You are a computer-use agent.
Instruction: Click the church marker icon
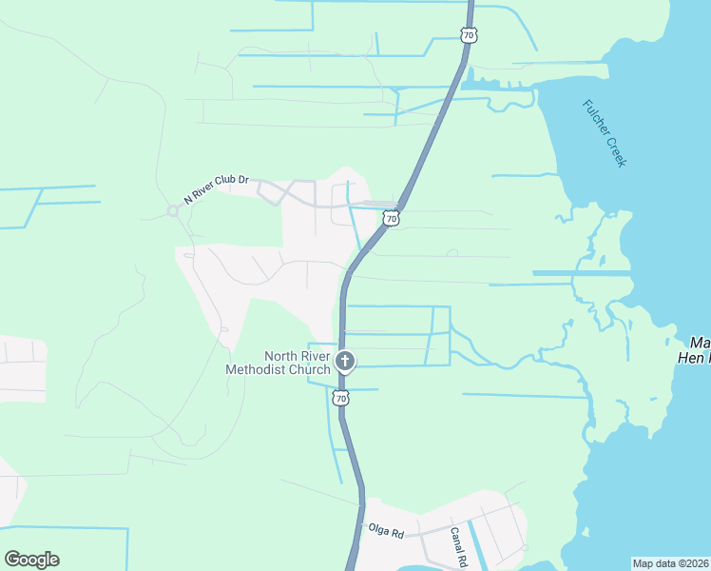pos(344,362)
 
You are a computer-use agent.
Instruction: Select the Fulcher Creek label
pos(605,133)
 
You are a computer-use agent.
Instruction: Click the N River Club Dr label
pos(216,189)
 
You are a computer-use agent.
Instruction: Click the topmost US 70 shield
pos(467,35)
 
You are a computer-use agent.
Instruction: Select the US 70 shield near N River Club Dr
pos(391,219)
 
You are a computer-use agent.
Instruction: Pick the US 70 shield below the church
pos(340,398)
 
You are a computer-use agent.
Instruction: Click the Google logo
pos(31,560)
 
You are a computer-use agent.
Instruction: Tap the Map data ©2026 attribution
pos(670,562)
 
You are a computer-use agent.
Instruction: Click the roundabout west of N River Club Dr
pos(173,210)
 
